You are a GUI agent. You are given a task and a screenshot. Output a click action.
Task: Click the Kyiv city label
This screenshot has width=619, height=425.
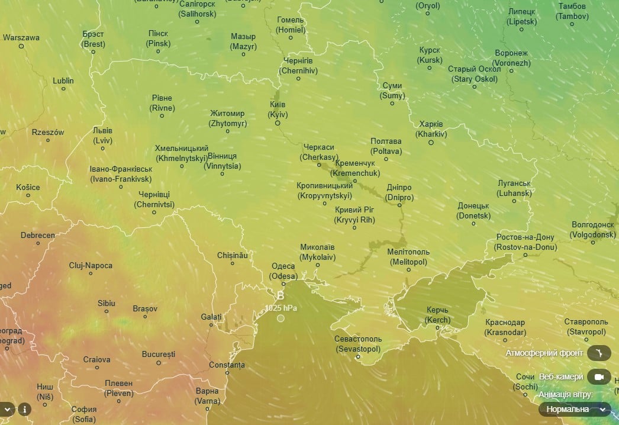[277, 110]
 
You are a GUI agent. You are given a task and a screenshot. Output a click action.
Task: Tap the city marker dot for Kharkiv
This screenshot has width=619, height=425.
[431, 143]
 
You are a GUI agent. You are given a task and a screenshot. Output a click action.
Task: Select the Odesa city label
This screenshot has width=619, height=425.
[283, 271]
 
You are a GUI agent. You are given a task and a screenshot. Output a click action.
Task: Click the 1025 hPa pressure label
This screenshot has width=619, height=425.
[281, 308]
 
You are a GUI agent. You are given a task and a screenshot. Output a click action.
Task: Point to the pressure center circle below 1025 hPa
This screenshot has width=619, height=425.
[281, 318]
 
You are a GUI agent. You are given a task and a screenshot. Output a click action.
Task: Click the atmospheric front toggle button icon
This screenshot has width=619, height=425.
[599, 353]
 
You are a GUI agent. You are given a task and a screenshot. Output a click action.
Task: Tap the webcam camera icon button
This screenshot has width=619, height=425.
[599, 377]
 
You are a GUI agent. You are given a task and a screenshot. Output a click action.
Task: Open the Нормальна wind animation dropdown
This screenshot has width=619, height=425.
[574, 409]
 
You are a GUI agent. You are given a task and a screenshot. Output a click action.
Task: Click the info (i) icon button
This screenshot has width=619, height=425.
[24, 409]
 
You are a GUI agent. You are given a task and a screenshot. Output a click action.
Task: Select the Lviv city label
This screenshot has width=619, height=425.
[102, 136]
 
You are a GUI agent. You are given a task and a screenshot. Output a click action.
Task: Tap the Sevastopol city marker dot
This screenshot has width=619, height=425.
[358, 357]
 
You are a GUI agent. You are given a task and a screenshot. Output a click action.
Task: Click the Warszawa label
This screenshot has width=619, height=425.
[21, 38]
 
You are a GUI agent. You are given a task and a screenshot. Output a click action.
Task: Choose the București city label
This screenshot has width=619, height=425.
[159, 355]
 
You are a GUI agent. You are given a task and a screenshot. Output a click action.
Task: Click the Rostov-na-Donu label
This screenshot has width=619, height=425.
[525, 242]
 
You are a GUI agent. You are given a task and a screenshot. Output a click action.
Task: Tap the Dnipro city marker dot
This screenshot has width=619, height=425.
[400, 205]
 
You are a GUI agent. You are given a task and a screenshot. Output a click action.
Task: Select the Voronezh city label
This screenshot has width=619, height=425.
[511, 57]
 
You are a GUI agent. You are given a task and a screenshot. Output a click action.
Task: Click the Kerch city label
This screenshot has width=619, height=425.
[437, 315]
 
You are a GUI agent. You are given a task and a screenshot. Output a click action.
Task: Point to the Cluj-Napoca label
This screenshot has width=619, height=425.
[91, 266]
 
